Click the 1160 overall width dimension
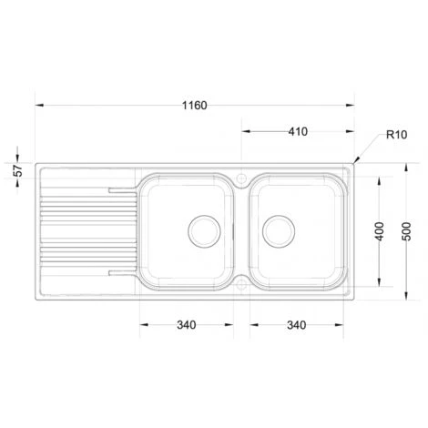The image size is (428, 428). click(x=194, y=105)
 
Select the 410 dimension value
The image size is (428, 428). click(x=297, y=132)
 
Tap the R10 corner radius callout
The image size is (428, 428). click(x=395, y=135)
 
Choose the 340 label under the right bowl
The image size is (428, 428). click(x=297, y=325)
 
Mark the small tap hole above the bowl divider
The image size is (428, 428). click(x=241, y=173)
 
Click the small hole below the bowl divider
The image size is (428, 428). click(x=241, y=283)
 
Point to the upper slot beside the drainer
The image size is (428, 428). click(x=121, y=190)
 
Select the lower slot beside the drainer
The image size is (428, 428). click(x=121, y=271)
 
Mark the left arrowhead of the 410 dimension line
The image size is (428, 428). click(x=245, y=132)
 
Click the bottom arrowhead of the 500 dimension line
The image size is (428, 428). click(x=406, y=296)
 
